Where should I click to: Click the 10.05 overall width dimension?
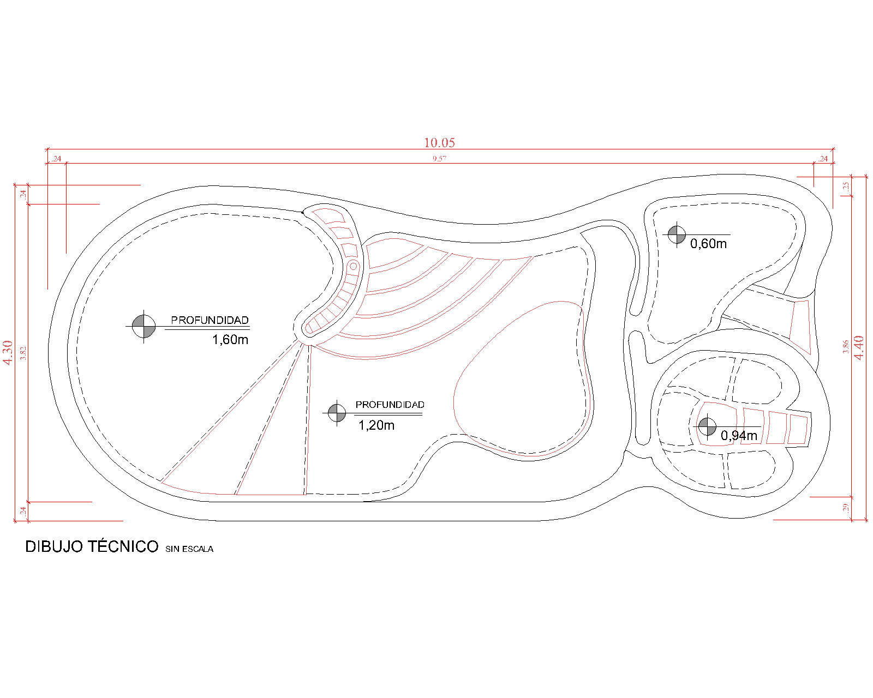pos(439,142)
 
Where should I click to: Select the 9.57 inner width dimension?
pos(439,159)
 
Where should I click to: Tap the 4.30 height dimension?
pos(8,352)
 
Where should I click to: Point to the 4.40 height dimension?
pos(859,347)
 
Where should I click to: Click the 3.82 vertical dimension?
pos(23,353)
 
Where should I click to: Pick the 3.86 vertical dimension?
pos(845,347)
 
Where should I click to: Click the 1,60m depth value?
pos(230,340)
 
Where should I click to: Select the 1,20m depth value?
pos(376,425)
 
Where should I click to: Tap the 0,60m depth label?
pos(708,244)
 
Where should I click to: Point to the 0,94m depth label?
pos(739,436)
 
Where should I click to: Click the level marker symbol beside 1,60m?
pos(143,326)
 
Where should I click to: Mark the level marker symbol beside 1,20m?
pos(337,413)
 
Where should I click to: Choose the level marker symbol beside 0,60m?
pos(677,234)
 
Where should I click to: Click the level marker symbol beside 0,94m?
pos(707,426)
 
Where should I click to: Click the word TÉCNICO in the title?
pos(123,546)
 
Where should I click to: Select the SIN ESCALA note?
pos(189,549)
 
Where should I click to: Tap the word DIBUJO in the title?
pos(53,546)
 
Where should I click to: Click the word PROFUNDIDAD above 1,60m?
pos(210,320)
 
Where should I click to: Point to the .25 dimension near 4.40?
pos(846,186)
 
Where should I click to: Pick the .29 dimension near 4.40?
pos(846,508)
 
